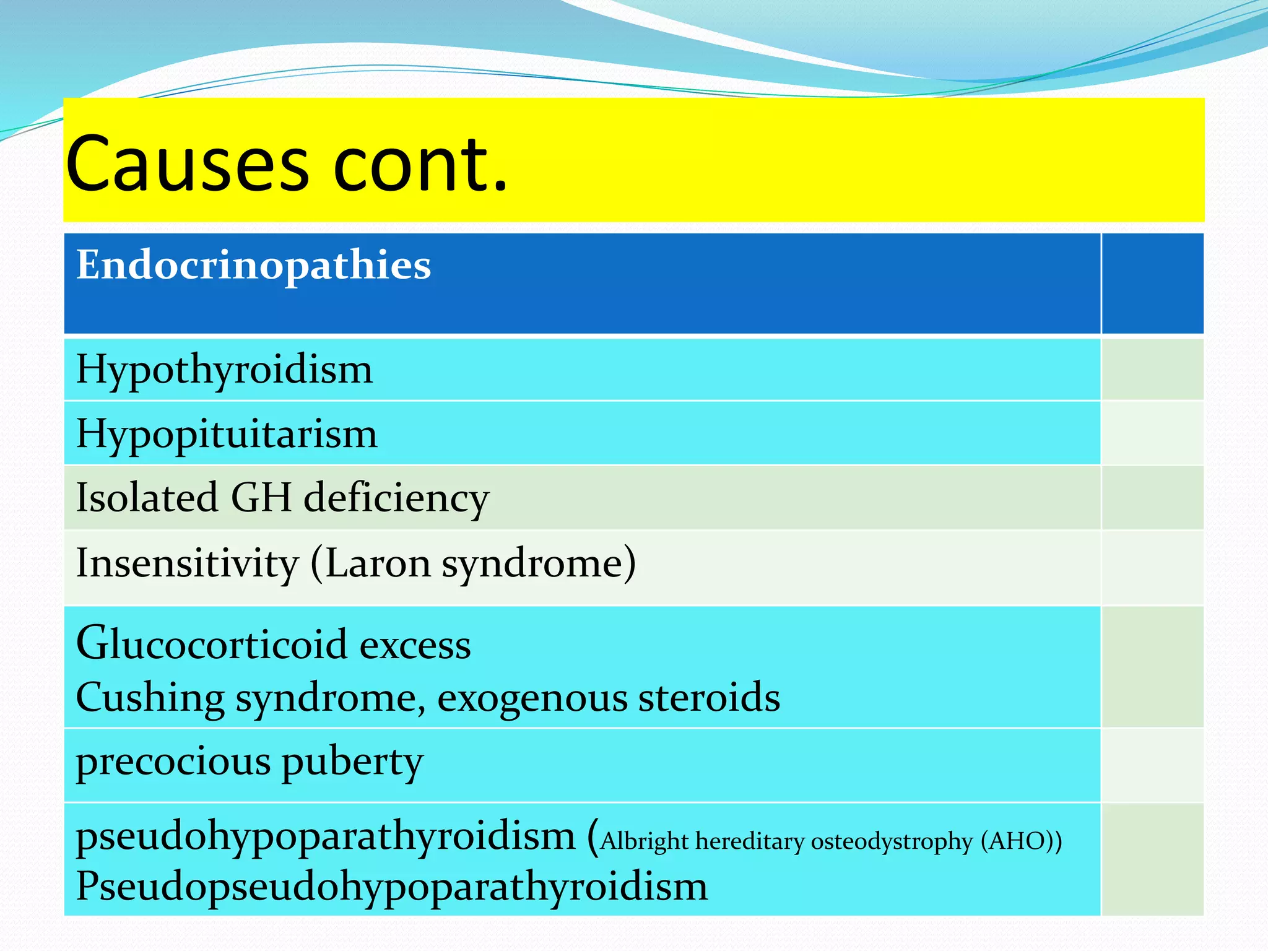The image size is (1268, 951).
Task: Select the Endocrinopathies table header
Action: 253,265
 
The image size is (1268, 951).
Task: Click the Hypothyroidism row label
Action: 224,370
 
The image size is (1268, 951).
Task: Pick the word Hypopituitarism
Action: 227,433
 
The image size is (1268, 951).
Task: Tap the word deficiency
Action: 396,498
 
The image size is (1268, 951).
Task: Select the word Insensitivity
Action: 187,563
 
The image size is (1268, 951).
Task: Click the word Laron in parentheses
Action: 378,563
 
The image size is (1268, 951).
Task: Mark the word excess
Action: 415,645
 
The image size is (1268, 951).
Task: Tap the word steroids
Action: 709,698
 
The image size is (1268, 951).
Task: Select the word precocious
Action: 173,762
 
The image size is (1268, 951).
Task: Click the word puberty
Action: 353,762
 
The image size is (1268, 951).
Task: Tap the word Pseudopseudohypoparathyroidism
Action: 391,887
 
